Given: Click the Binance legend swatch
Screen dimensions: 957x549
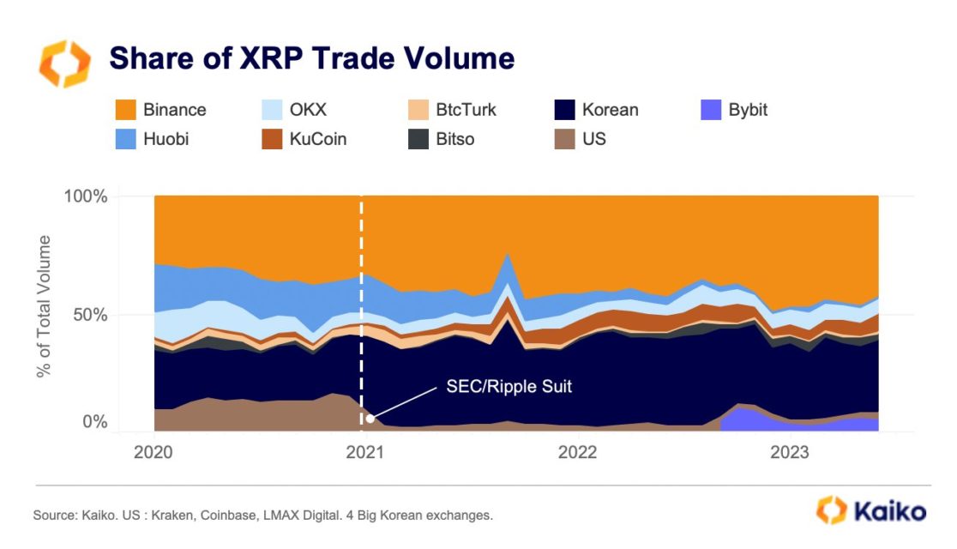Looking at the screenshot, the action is (x=126, y=110).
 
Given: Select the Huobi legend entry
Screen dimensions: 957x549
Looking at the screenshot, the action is (x=152, y=139).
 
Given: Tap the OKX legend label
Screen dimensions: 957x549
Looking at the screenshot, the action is (x=308, y=110).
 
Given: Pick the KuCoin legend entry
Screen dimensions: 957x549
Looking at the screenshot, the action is (x=304, y=139).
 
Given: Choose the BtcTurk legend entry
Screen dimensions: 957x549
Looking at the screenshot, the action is (x=452, y=110).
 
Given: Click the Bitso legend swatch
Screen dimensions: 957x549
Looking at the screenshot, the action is (x=418, y=139).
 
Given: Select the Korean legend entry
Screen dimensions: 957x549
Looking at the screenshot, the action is (x=596, y=110).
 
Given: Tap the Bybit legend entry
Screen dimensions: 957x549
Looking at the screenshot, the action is (x=734, y=110).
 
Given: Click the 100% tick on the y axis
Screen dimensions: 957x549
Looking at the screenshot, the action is (x=86, y=196).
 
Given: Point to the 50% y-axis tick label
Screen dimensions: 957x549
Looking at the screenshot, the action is (x=90, y=315).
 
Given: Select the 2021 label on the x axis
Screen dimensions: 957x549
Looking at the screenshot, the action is (x=365, y=453).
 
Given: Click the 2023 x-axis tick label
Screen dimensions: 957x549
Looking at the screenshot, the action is (x=790, y=453).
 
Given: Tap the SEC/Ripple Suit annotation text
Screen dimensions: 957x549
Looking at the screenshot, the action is (x=509, y=387).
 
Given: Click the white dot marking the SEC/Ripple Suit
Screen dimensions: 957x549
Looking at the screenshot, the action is (x=370, y=419).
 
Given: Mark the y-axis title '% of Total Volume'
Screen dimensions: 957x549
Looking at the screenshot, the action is (x=44, y=306).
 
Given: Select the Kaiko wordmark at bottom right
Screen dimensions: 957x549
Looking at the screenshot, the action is (x=890, y=511).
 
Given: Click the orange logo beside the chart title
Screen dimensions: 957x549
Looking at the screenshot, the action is (x=64, y=63).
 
